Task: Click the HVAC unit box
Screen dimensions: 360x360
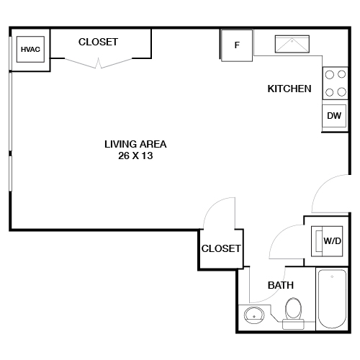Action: [30, 50]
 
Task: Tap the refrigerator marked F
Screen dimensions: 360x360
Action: [237, 45]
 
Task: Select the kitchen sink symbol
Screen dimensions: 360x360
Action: [292, 45]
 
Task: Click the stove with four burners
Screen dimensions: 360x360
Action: [333, 82]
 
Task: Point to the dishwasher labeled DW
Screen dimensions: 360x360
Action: [333, 116]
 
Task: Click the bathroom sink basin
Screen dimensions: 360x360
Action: [253, 315]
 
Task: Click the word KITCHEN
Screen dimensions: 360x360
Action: [289, 89]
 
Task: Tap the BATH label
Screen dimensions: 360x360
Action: [280, 285]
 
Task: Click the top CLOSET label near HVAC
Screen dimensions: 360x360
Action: [98, 42]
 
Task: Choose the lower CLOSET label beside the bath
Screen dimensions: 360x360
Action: [221, 248]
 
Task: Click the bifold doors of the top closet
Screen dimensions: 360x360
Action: [99, 64]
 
